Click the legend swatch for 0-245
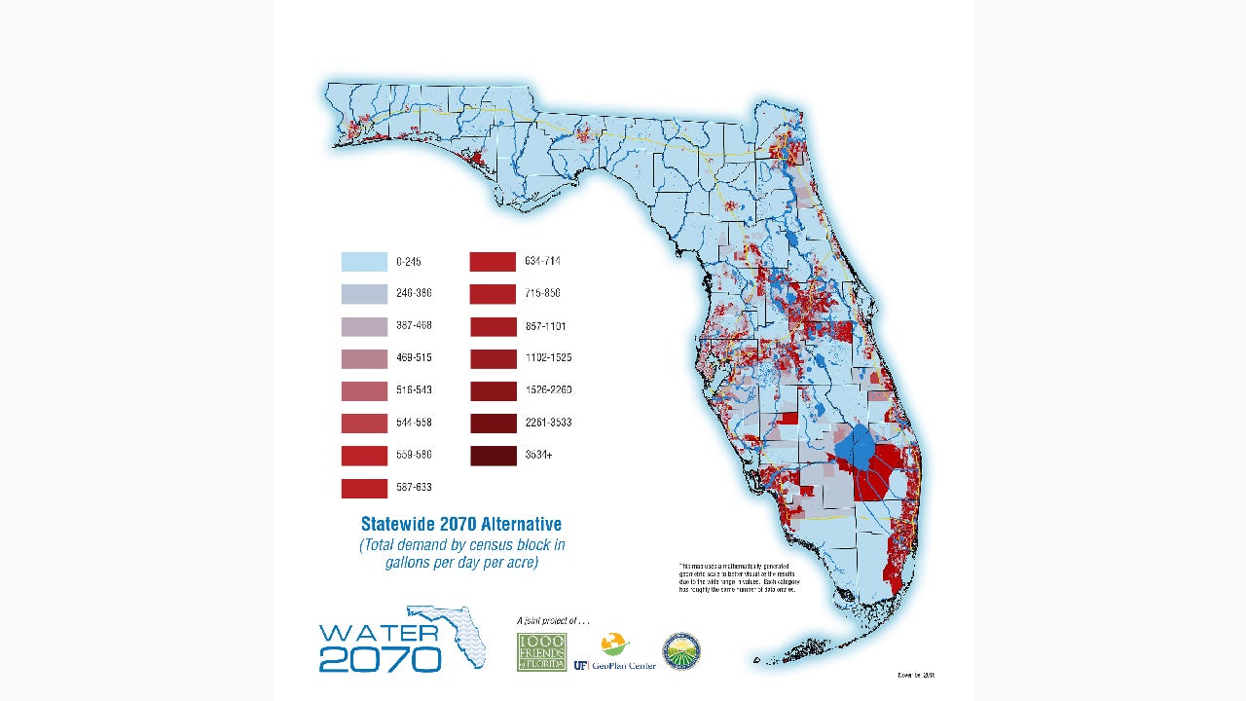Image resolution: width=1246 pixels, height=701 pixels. tap(364, 262)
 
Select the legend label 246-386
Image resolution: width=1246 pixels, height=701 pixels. tap(414, 293)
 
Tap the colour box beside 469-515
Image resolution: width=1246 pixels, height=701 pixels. tap(364, 358)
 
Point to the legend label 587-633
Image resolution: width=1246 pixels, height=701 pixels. tap(414, 487)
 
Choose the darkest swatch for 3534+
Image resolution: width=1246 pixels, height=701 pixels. tap(493, 455)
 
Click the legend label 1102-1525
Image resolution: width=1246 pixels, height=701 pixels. tap(547, 358)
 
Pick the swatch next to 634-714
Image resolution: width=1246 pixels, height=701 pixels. tap(493, 262)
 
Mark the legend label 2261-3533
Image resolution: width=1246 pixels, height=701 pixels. tap(547, 423)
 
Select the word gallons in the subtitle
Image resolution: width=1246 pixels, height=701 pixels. tap(410, 563)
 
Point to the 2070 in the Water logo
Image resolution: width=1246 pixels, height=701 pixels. tap(380, 658)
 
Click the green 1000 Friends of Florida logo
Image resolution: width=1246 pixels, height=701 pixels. tap(541, 651)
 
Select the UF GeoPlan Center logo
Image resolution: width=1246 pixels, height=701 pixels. tap(615, 652)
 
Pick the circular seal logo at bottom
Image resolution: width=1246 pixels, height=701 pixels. tap(681, 651)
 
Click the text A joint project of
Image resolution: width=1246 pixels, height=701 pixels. tap(553, 620)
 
